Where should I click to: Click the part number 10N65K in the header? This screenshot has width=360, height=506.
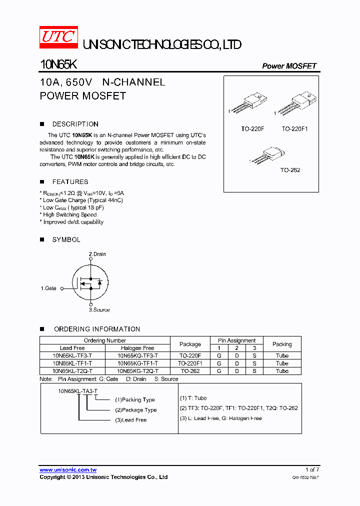click(57, 65)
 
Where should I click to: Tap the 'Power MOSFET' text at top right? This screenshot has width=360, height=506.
click(289, 66)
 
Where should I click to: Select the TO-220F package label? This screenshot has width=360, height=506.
click(252, 129)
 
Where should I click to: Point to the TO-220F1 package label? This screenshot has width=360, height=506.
click(294, 129)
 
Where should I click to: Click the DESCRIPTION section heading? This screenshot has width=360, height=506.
click(75, 124)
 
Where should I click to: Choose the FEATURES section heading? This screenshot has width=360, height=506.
click(70, 182)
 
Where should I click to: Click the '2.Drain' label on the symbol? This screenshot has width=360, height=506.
click(97, 254)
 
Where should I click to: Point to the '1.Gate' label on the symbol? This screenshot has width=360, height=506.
click(48, 288)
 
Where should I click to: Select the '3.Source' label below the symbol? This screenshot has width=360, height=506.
click(99, 310)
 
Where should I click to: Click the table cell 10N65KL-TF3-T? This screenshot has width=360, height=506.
click(72, 355)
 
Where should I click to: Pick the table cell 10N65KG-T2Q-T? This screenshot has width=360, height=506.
click(137, 371)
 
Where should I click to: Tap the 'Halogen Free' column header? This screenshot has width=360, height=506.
click(137, 348)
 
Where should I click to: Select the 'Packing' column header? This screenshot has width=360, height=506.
click(282, 344)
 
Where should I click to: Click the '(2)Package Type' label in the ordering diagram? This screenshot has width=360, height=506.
click(135, 410)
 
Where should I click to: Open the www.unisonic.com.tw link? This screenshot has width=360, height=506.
click(68, 470)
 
